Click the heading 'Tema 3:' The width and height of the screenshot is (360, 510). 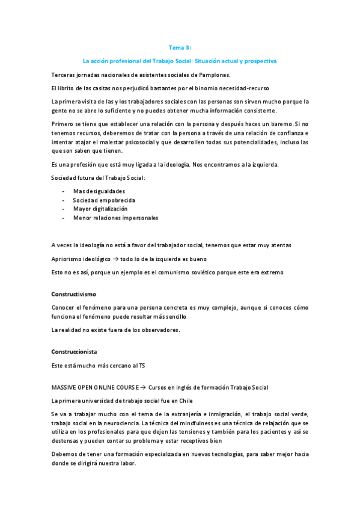[x=180, y=48]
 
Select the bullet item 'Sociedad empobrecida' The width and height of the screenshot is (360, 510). [x=104, y=200]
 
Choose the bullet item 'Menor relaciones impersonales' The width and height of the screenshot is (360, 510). [x=115, y=218]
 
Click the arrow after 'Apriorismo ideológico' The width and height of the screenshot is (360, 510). [x=114, y=259]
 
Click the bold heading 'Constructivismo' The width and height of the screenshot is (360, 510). [x=75, y=295]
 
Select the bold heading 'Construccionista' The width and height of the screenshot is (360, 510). [x=75, y=352]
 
